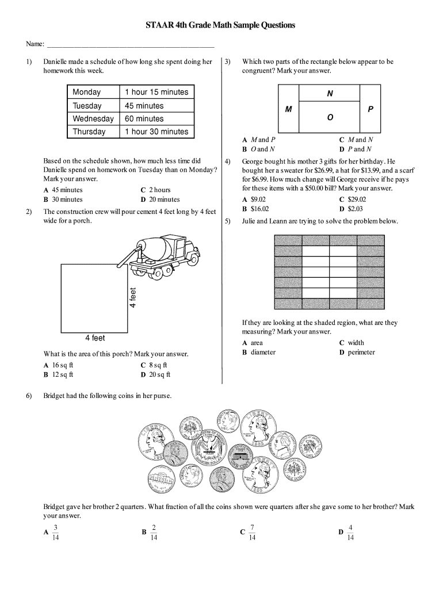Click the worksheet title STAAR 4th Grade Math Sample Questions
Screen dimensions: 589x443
coord(221,25)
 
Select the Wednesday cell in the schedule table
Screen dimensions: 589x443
coord(93,119)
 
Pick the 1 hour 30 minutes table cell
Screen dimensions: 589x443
coord(156,132)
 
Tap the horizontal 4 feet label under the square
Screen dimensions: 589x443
coord(95,338)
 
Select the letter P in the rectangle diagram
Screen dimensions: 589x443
coord(371,109)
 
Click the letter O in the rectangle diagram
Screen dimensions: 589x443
coord(330,117)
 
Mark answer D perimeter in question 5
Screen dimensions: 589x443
coord(357,352)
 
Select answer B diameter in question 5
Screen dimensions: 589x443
coord(259,352)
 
